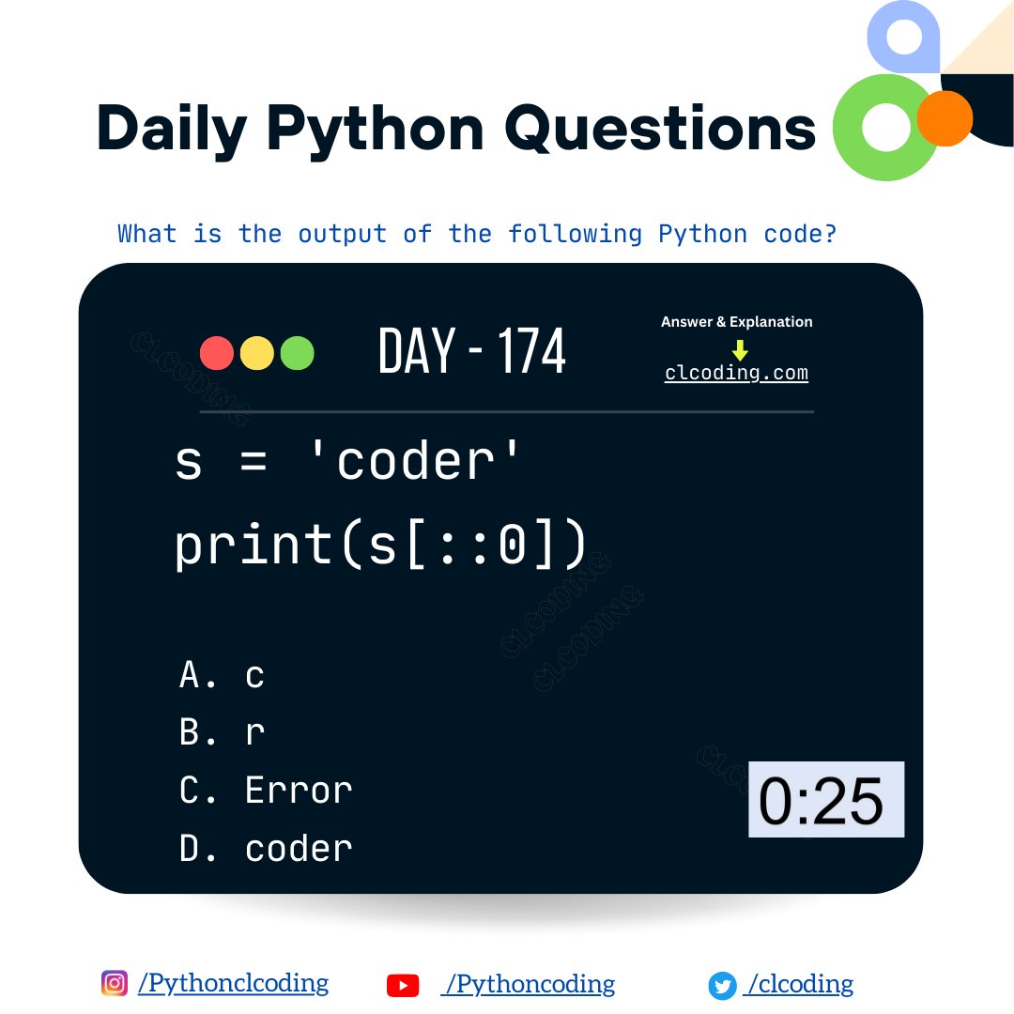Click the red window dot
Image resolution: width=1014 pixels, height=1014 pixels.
pyautogui.click(x=217, y=353)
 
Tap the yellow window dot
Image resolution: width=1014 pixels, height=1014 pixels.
pyautogui.click(x=257, y=353)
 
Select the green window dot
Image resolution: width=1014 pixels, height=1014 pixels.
pyautogui.click(x=297, y=353)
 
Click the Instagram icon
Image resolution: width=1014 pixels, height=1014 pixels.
pyautogui.click(x=115, y=983)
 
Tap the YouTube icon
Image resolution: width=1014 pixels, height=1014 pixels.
pyautogui.click(x=403, y=985)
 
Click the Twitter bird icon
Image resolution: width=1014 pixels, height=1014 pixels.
pyautogui.click(x=722, y=986)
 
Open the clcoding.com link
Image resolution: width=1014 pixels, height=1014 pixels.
pyautogui.click(x=736, y=373)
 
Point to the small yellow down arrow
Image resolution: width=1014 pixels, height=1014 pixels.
pyautogui.click(x=740, y=349)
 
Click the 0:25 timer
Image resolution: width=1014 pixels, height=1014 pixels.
pyautogui.click(x=825, y=800)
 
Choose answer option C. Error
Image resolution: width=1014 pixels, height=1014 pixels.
pyautogui.click(x=266, y=791)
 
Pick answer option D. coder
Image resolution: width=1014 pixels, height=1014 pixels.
pyautogui.click(x=266, y=849)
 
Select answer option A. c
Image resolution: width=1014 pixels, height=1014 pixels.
pyautogui.click(x=223, y=675)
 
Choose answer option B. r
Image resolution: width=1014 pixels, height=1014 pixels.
pyautogui.click(x=223, y=732)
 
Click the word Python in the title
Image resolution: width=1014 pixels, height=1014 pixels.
pyautogui.click(x=376, y=129)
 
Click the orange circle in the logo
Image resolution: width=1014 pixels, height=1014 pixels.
pyautogui.click(x=945, y=118)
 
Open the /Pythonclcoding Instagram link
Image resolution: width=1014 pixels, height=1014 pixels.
pyautogui.click(x=233, y=983)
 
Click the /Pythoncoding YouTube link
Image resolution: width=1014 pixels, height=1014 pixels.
pyautogui.click(x=530, y=984)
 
